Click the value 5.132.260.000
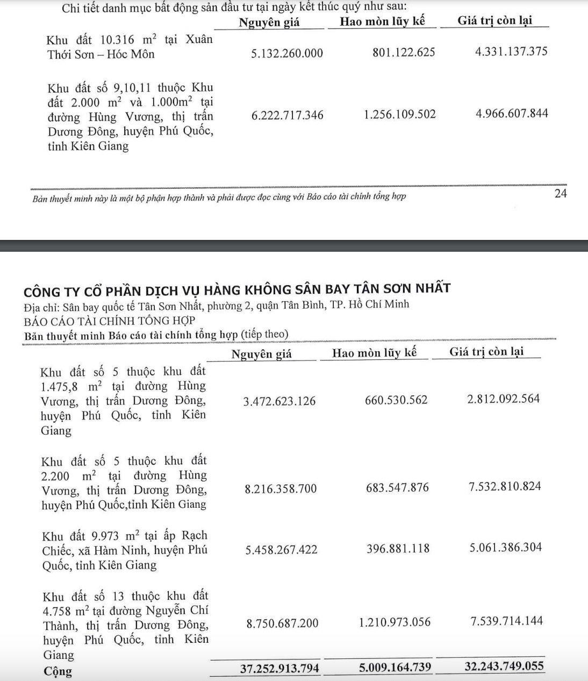[287, 53]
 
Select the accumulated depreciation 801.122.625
[403, 53]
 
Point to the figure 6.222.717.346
[287, 115]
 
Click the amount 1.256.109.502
[400, 115]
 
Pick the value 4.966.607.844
[512, 114]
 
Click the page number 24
[561, 194]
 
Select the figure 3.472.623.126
[279, 401]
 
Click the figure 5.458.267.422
[281, 550]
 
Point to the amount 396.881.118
[397, 549]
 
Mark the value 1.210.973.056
[395, 622]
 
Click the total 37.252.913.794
[279, 668]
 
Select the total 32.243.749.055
[504, 666]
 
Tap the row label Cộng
[58, 671]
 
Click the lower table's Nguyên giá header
[262, 354]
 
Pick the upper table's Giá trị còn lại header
[495, 20]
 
